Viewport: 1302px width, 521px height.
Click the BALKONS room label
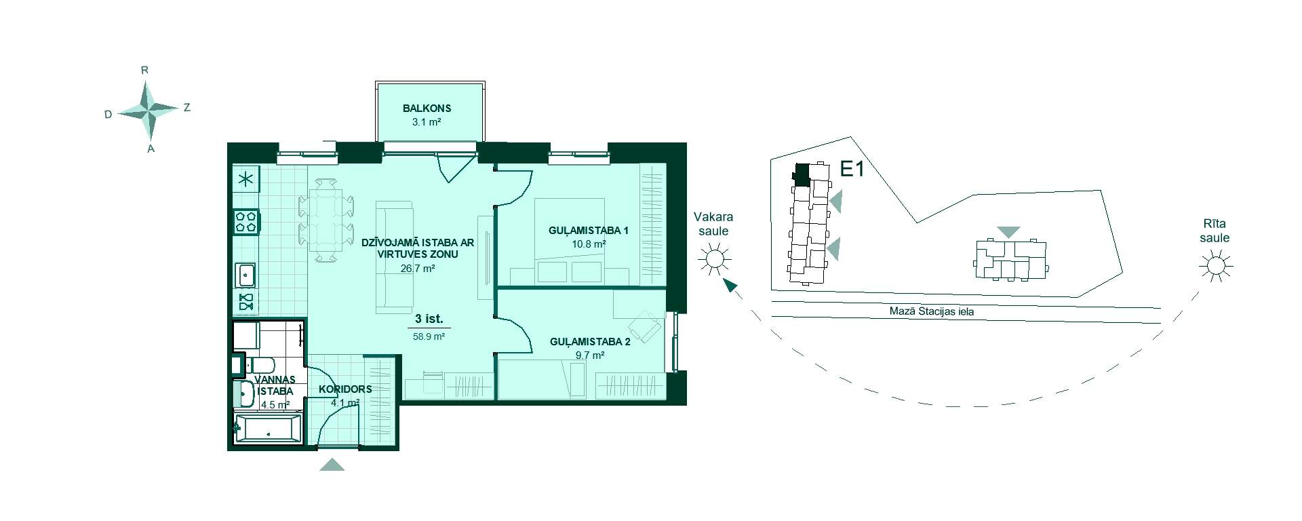tap(427, 108)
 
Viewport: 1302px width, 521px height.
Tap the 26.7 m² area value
tap(418, 268)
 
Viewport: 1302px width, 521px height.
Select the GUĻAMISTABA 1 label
tap(589, 231)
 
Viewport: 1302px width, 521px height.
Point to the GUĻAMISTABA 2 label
tap(590, 342)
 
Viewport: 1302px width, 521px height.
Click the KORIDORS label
tap(345, 389)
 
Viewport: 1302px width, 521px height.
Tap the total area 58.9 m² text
tap(429, 336)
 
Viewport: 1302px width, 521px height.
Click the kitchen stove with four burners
tap(246, 222)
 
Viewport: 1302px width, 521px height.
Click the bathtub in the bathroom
tap(267, 429)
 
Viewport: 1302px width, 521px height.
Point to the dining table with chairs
tap(326, 219)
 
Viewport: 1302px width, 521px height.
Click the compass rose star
tap(149, 110)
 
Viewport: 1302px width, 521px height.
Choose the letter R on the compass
tap(144, 70)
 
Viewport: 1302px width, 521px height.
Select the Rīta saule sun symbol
tap(1215, 266)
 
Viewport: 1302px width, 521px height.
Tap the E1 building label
tap(852, 169)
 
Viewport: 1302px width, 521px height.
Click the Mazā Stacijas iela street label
tap(932, 312)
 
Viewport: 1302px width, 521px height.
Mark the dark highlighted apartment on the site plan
tap(801, 175)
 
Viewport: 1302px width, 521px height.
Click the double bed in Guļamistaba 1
tap(570, 241)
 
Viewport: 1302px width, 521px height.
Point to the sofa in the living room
tap(394, 257)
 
